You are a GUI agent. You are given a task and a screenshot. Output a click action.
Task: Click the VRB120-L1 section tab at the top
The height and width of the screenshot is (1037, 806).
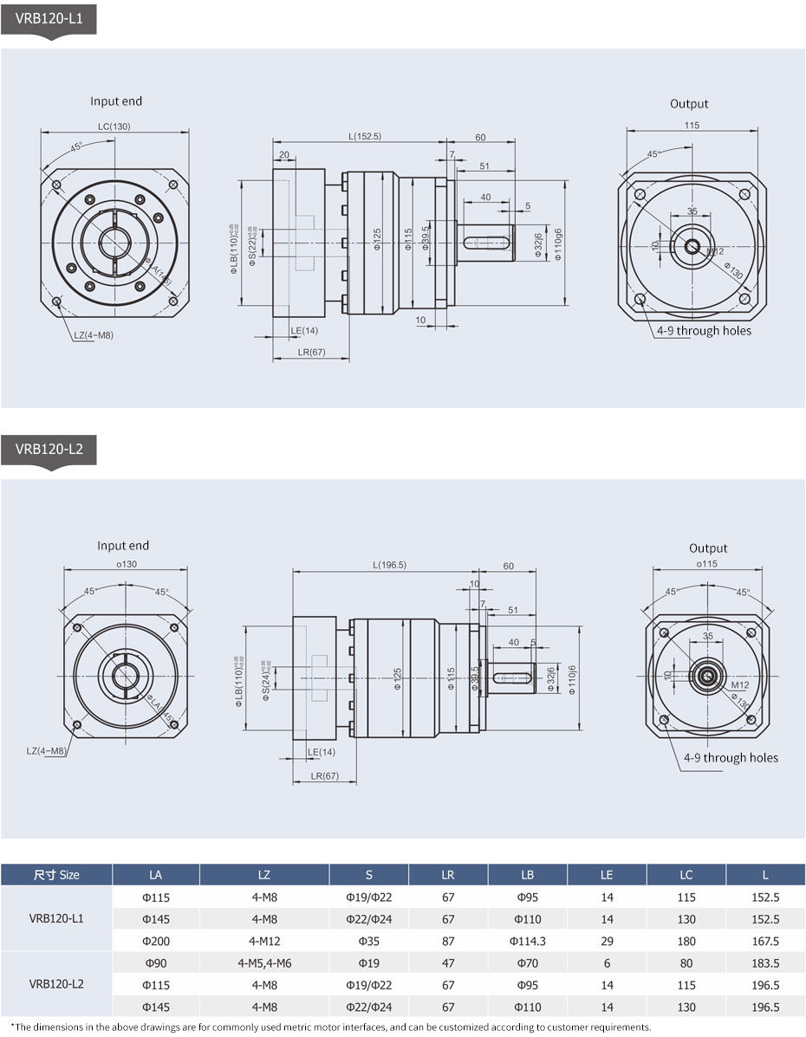click(x=48, y=17)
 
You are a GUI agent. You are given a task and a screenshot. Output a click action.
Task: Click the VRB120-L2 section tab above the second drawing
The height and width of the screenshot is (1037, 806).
click(x=49, y=449)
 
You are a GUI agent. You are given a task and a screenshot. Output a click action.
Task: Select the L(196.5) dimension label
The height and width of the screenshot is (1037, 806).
click(x=389, y=565)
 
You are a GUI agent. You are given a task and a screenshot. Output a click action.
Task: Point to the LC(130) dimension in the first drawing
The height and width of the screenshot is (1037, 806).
click(x=114, y=126)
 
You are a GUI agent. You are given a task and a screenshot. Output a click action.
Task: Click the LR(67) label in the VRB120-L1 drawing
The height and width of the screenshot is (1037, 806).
click(x=310, y=352)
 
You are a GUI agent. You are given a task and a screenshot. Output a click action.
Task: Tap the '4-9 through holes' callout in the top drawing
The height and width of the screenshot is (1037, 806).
click(x=704, y=330)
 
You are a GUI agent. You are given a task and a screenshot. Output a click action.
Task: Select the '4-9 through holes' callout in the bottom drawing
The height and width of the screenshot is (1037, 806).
click(x=731, y=757)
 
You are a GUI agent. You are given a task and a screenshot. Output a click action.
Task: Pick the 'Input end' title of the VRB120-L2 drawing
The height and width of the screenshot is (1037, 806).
click(x=123, y=546)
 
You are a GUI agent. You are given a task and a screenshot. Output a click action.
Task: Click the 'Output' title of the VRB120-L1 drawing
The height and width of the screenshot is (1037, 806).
click(x=689, y=104)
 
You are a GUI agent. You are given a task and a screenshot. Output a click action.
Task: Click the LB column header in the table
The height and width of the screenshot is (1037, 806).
click(x=527, y=875)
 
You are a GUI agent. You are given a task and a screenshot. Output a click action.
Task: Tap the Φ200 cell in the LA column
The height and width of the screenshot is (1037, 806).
click(x=155, y=941)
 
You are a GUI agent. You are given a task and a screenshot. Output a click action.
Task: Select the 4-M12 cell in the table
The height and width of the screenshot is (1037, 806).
click(x=264, y=941)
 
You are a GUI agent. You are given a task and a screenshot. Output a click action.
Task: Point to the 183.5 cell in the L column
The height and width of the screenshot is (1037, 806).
click(x=765, y=963)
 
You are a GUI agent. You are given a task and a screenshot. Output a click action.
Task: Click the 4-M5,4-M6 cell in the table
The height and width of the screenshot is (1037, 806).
click(x=264, y=963)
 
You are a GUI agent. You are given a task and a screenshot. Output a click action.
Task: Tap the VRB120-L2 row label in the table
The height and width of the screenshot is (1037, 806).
click(x=56, y=984)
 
